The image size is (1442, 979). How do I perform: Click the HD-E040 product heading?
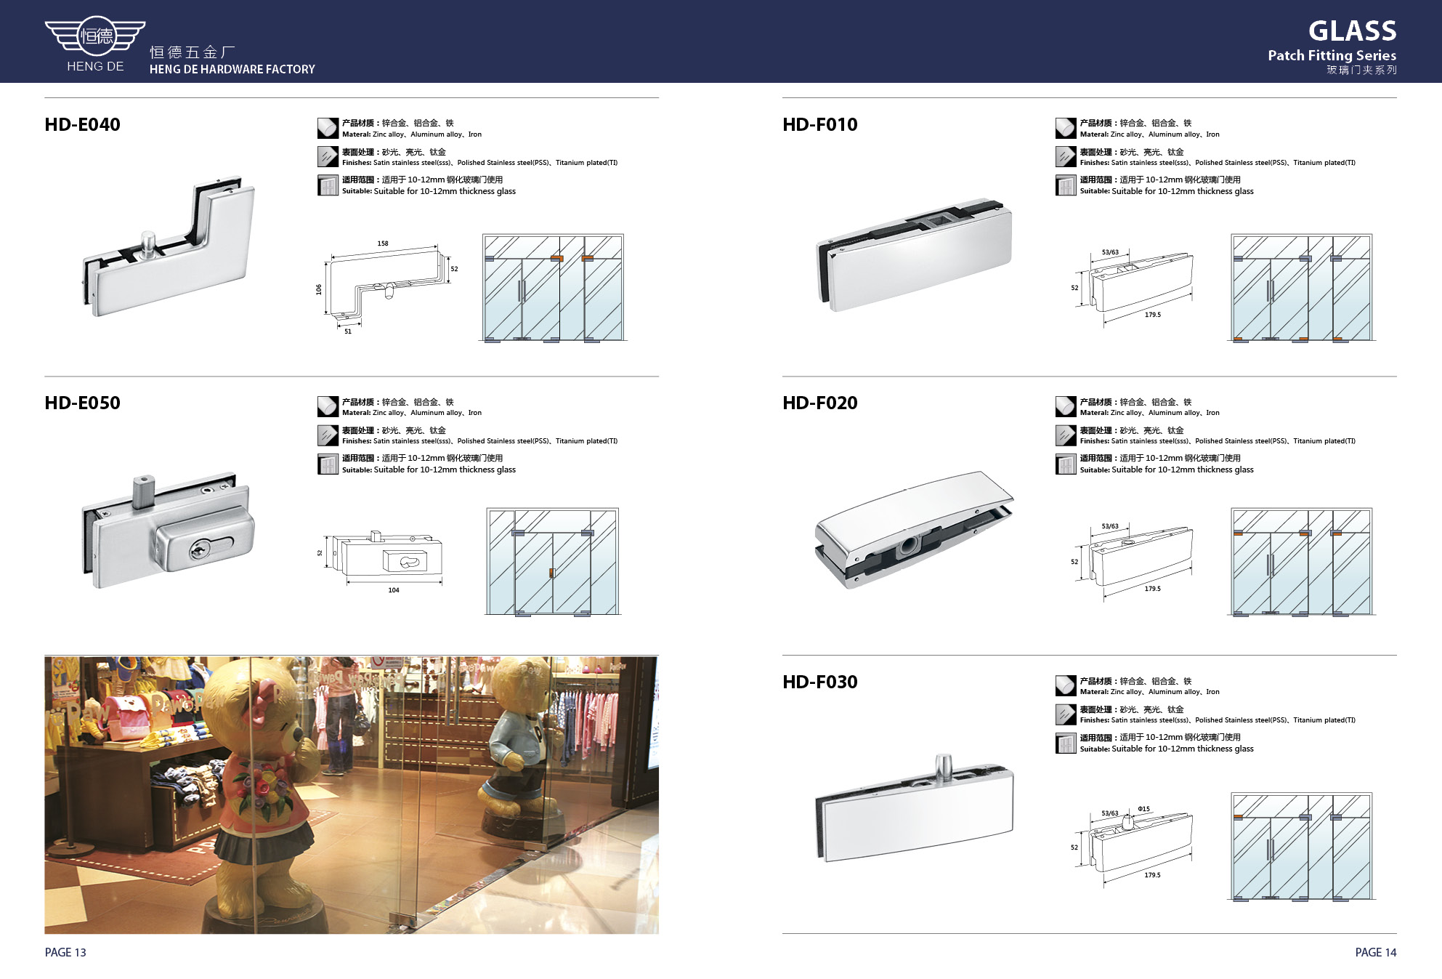click(82, 124)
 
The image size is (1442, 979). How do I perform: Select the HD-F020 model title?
click(819, 403)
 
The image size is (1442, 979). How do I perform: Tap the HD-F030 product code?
click(819, 682)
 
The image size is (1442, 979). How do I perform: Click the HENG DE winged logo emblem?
click(95, 36)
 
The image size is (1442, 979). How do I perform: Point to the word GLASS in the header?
click(1352, 31)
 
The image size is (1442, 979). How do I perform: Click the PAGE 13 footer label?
click(65, 952)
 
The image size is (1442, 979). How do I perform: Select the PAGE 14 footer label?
click(1375, 952)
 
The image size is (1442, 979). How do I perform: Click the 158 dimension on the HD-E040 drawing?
click(383, 243)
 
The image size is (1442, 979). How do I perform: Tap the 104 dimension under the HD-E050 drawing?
click(394, 590)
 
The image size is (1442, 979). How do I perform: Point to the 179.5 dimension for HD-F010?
click(1153, 315)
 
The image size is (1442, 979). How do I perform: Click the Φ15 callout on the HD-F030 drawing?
click(1144, 809)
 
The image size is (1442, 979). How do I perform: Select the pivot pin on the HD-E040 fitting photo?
click(148, 243)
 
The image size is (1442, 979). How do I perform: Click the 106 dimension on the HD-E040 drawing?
click(319, 289)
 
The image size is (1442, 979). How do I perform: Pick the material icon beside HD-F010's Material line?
click(1066, 128)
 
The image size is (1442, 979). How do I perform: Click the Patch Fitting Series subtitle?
click(1332, 55)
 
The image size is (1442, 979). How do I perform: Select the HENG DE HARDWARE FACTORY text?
click(232, 69)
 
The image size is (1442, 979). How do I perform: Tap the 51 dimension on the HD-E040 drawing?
click(348, 331)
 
